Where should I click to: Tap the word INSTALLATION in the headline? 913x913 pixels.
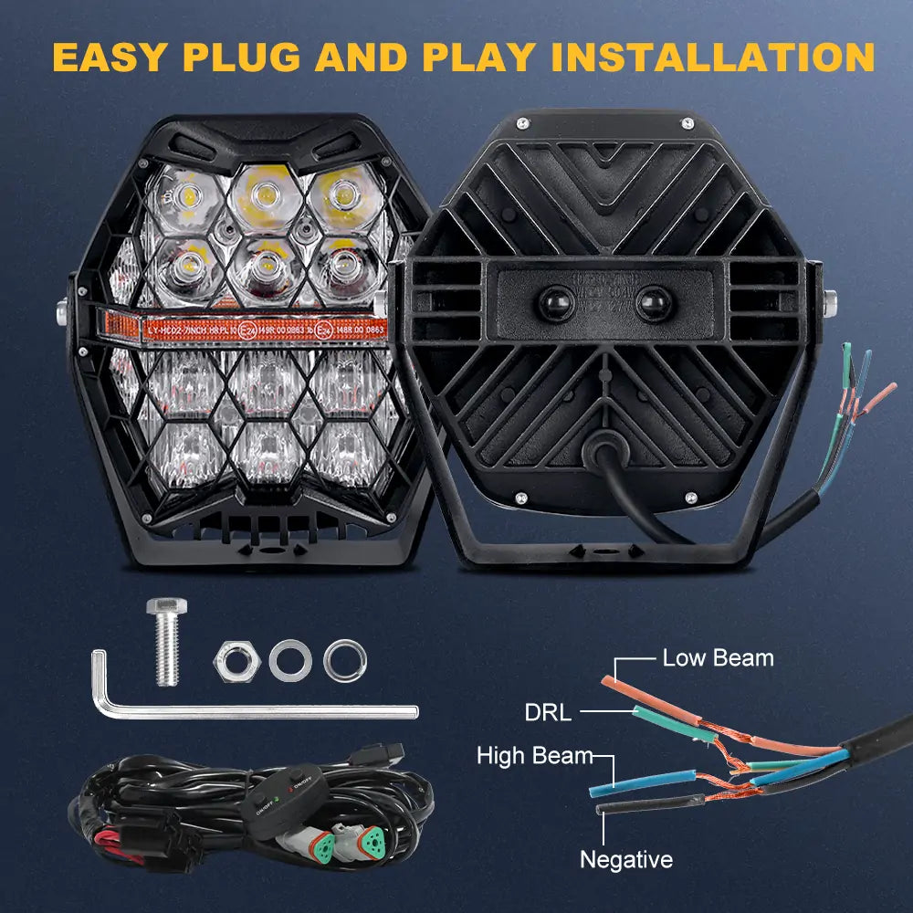[712, 57]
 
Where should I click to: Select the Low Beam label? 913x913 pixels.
[718, 657]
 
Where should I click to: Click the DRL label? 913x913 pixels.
[548, 712]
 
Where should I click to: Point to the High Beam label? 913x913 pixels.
[534, 756]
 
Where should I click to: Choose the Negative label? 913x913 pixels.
[626, 859]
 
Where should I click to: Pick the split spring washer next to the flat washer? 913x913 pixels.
[345, 656]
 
